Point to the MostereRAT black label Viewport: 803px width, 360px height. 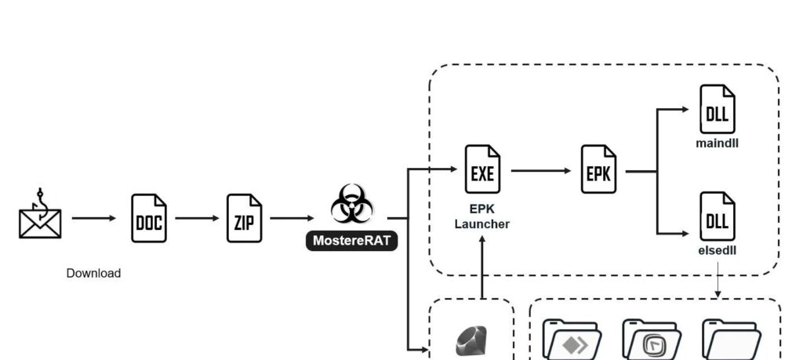click(x=351, y=241)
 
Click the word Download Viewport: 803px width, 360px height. click(x=93, y=274)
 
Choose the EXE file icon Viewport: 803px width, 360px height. click(x=481, y=169)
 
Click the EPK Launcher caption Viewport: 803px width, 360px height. click(x=481, y=217)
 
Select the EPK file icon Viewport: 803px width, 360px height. click(x=598, y=169)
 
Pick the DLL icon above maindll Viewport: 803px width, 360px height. click(x=717, y=110)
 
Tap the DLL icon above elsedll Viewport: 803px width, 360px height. click(x=717, y=216)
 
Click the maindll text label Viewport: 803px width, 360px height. click(x=717, y=144)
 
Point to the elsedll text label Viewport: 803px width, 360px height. click(x=717, y=250)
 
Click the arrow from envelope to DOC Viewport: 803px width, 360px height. click(x=93, y=217)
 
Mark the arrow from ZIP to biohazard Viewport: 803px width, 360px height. click(x=292, y=217)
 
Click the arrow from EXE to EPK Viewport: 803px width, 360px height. click(x=541, y=169)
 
